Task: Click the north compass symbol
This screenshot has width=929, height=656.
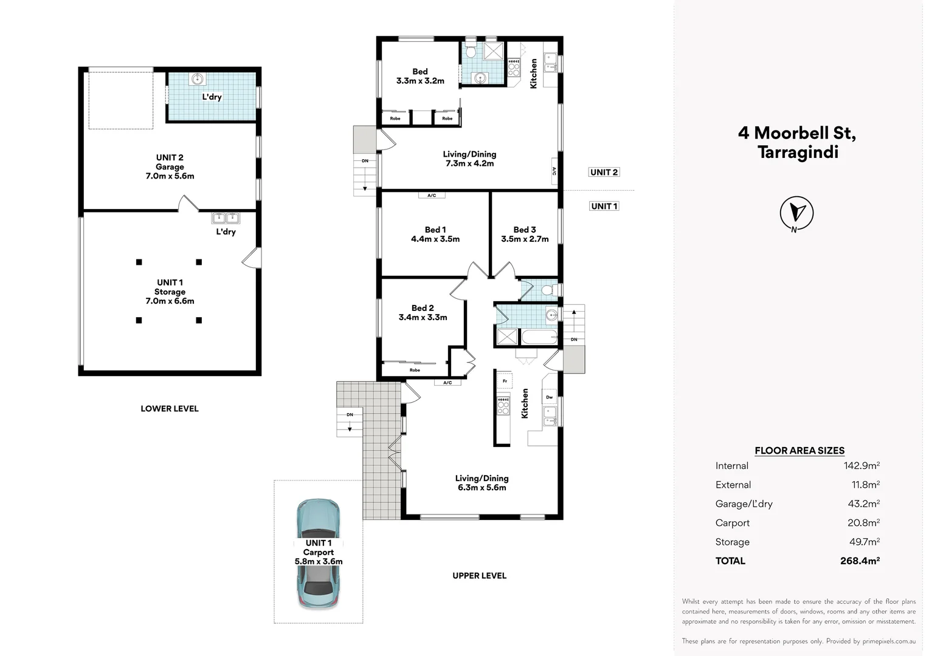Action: click(796, 213)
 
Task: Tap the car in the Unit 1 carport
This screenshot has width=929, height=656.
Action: click(318, 553)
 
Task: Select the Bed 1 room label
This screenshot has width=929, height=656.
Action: click(435, 234)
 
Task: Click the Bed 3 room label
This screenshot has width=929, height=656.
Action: click(525, 234)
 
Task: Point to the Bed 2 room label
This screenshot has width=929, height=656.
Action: click(423, 312)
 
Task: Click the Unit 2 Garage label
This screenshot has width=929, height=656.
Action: click(170, 166)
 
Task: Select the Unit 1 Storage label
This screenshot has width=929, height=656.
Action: click(170, 292)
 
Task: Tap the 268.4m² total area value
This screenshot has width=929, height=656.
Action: click(860, 561)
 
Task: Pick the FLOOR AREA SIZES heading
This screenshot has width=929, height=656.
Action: click(799, 451)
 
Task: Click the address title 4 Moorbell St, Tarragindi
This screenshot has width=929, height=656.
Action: click(797, 142)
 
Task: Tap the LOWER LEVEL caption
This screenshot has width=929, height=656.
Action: click(170, 409)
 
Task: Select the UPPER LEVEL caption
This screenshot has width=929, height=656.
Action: click(479, 575)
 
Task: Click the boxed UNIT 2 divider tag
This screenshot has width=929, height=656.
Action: click(604, 172)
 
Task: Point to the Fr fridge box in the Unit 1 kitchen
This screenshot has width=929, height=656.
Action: click(505, 381)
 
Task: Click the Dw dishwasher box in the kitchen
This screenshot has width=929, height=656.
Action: click(550, 397)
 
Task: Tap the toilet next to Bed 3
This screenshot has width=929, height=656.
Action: click(547, 290)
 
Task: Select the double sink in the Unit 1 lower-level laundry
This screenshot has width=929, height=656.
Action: click(226, 218)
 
